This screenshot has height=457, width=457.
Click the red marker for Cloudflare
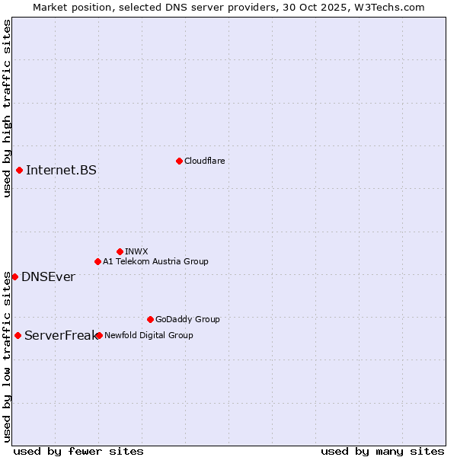[x=179, y=161]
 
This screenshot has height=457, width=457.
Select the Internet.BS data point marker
[x=19, y=170]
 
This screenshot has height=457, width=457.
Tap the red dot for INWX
[x=120, y=251]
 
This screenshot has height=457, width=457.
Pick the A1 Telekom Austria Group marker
[x=97, y=261]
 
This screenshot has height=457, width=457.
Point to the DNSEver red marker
[x=14, y=276]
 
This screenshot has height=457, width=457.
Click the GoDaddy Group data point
[x=150, y=319]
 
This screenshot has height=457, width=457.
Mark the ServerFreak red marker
[x=18, y=335]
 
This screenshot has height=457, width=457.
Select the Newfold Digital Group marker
[x=99, y=335]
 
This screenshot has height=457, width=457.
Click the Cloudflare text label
[x=205, y=161]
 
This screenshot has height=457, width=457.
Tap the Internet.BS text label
[x=61, y=170]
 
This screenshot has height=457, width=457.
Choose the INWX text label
[x=136, y=251]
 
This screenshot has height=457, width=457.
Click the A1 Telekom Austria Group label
[x=155, y=261]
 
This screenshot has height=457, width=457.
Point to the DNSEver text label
[x=48, y=276]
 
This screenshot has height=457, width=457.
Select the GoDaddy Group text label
[x=187, y=319]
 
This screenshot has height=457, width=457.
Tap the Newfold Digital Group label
[x=149, y=335]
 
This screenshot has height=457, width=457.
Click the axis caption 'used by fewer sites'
[x=78, y=451]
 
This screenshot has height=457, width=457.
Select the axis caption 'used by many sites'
[x=382, y=451]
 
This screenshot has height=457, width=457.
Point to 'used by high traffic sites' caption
[x=7, y=108]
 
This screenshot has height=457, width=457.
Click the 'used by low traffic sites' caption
[x=7, y=356]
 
